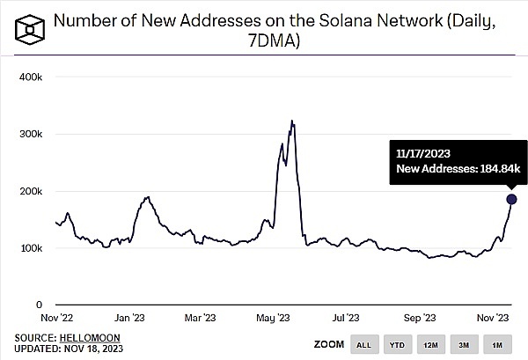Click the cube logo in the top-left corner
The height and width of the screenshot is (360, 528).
tap(30, 30)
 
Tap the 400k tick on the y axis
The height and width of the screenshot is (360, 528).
tap(31, 77)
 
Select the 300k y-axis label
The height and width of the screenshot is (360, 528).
tap(31, 134)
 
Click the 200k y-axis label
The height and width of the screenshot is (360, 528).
tap(31, 191)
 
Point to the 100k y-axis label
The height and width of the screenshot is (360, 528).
tap(31, 247)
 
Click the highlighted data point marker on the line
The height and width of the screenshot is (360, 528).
tap(511, 199)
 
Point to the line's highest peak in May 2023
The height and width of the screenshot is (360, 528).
tap(291, 121)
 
